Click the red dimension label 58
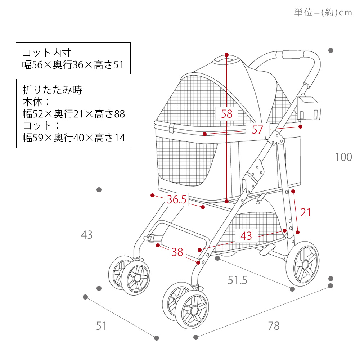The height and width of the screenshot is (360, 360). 226,114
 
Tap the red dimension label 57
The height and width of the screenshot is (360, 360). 257,130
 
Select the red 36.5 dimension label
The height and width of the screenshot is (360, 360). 176,199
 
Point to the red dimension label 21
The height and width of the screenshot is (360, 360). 306,212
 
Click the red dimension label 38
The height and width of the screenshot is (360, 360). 177,252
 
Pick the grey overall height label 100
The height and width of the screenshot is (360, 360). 343,157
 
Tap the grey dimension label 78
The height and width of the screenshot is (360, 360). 274,326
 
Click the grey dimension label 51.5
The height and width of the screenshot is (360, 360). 237,280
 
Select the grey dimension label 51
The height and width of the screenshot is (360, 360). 101,326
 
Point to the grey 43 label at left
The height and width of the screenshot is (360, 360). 87,235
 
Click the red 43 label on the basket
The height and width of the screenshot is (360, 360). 246,236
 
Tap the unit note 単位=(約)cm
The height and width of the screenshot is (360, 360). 323,12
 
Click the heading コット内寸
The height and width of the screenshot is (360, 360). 47,53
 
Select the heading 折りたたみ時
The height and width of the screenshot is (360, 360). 52,90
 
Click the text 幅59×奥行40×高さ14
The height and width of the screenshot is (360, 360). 74,138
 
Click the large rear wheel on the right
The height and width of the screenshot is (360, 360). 302,264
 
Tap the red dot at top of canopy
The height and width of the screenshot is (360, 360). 226,55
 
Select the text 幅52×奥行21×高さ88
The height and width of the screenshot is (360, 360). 74,114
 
